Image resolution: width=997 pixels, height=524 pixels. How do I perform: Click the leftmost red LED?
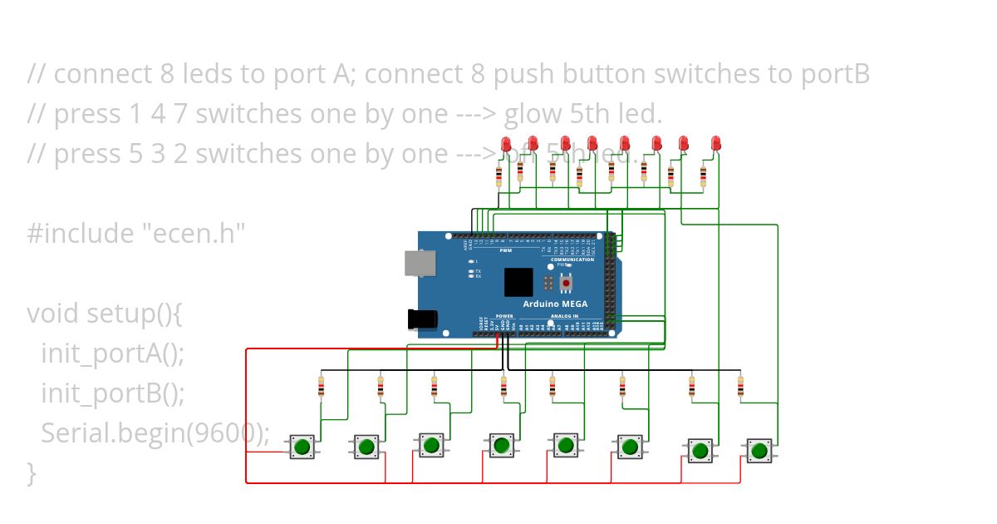click(x=506, y=145)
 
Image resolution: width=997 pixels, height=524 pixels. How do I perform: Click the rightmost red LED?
click(x=715, y=145)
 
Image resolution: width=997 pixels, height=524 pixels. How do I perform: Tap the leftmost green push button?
click(x=302, y=447)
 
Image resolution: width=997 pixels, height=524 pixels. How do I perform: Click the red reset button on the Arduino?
click(x=566, y=284)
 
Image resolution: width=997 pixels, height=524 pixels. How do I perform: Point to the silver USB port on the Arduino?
click(x=419, y=263)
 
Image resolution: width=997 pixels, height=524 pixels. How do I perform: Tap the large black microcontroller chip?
click(x=518, y=283)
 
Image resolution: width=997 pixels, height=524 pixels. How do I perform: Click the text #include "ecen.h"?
click(x=136, y=234)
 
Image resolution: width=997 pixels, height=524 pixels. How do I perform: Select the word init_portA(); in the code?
click(x=113, y=353)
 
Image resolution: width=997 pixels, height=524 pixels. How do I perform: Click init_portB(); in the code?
click(x=113, y=393)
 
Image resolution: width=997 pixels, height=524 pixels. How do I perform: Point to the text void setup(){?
click(x=104, y=314)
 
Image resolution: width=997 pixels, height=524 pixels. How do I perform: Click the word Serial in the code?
click(x=76, y=433)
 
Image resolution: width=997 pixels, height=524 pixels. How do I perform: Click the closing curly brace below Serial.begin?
click(x=32, y=473)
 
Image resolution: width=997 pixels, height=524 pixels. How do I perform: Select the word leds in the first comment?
click(x=204, y=74)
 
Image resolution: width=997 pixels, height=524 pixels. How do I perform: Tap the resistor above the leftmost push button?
click(x=322, y=386)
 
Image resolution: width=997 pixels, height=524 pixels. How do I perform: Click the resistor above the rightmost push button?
click(x=740, y=386)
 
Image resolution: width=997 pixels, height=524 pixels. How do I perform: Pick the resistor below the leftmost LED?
click(x=498, y=176)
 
